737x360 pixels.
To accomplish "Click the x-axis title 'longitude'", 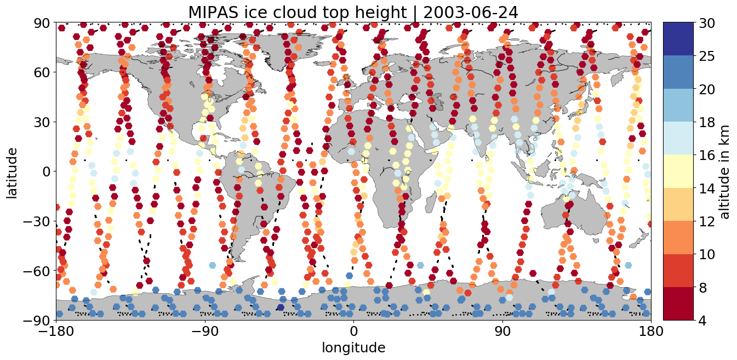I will (353, 347).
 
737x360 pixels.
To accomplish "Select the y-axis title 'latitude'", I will (12, 171).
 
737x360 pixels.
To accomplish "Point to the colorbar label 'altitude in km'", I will (725, 171).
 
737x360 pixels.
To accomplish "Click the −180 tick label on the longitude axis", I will (56, 332).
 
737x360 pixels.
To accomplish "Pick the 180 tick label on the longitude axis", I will (650, 332).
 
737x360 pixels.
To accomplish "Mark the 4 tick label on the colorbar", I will (702, 320).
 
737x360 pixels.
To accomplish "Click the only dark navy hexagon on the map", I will (281, 307).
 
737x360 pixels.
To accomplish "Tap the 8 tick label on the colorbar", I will (702, 287).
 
